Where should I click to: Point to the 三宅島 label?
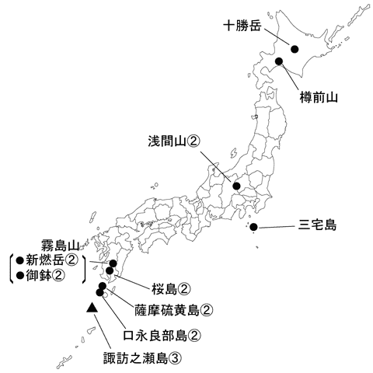317,226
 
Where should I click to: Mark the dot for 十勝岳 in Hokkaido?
295,49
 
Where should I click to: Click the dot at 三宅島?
254,227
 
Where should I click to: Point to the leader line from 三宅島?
276,226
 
